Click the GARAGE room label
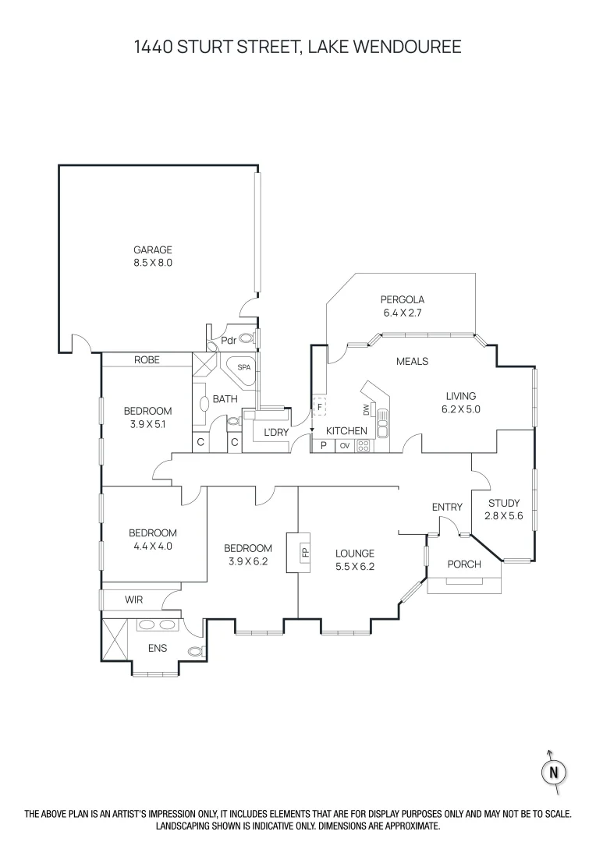pos(152,249)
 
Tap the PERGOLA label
pos(402,299)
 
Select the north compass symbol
pos(554,772)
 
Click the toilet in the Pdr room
pos(247,339)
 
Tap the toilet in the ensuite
pos(196,650)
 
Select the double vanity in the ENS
pos(158,624)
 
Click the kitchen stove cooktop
pos(363,446)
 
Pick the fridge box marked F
pos(319,407)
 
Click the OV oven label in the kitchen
pos(344,446)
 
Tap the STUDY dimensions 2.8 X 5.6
pos(503,515)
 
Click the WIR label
pos(134,600)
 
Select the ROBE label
pos(147,359)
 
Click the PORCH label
pos(464,564)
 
